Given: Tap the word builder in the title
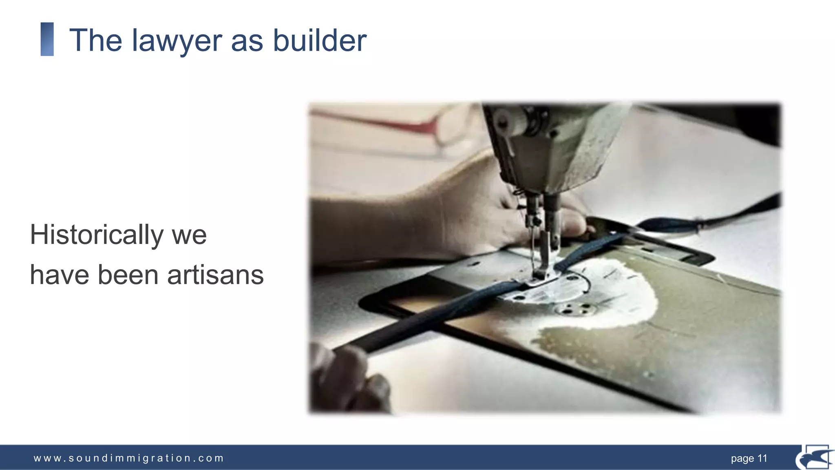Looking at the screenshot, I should (x=320, y=40).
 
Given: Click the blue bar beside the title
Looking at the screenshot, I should (x=47, y=39).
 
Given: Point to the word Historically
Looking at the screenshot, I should (x=97, y=235).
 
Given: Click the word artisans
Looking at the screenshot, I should (x=215, y=275).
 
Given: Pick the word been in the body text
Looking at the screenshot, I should (x=128, y=275).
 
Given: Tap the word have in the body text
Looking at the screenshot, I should (x=60, y=275).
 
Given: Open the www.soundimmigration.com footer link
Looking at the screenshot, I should (x=129, y=458).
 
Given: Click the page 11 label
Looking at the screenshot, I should (x=749, y=459).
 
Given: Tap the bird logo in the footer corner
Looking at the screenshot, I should (x=815, y=458).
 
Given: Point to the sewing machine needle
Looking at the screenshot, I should (x=532, y=249).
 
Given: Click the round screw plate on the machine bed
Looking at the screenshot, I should (x=569, y=310).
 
